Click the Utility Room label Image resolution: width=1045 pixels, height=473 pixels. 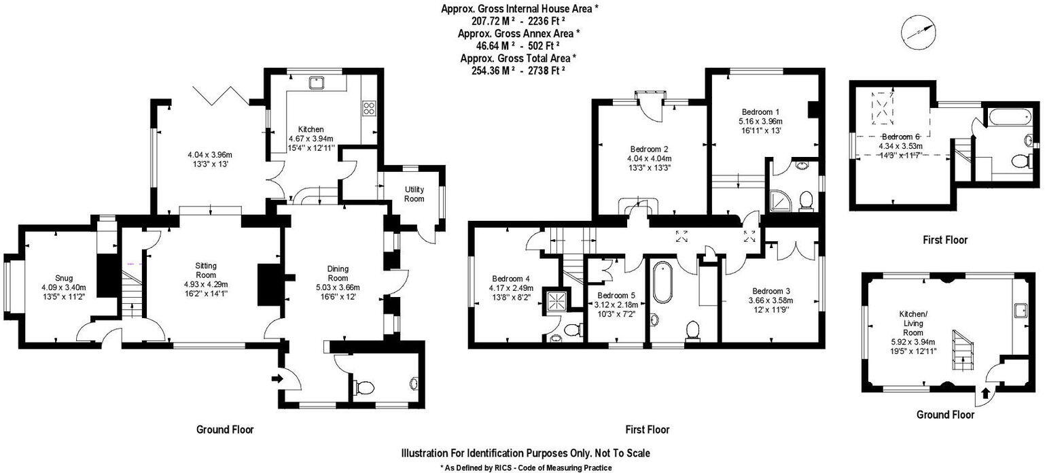click(x=414, y=194)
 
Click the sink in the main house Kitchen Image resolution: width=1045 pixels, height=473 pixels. click(x=317, y=82)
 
